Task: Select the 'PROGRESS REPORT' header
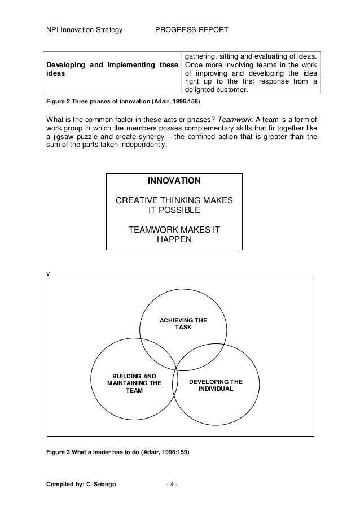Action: [192, 29]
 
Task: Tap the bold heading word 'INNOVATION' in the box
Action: [174, 181]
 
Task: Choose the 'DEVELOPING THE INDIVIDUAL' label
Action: [216, 385]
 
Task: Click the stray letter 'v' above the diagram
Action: [47, 273]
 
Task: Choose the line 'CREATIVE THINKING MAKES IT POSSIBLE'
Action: [174, 205]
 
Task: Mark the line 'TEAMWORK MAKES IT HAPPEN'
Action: [174, 234]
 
